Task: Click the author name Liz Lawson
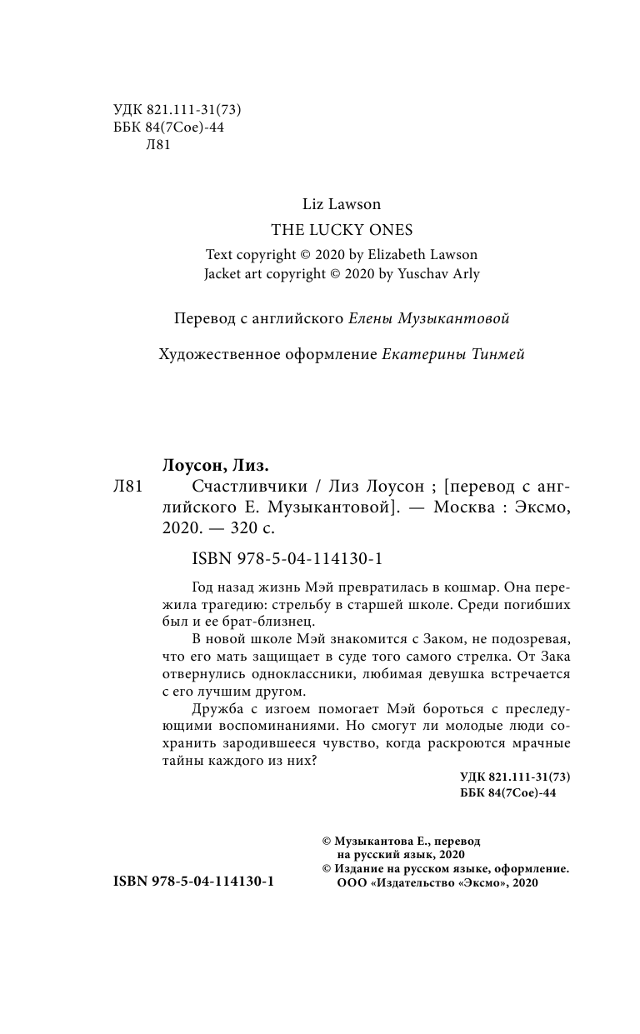point(342,203)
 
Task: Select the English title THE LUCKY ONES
point(342,229)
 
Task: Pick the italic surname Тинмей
point(496,354)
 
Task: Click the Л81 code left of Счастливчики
point(127,487)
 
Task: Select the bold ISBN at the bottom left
point(192,880)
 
